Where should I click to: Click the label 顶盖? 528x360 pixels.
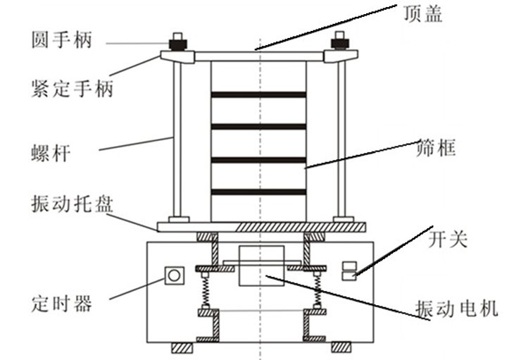coord(423,14)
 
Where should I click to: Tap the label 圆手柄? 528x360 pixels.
coord(62,39)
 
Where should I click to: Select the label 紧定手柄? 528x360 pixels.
coord(72,88)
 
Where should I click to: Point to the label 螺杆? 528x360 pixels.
coord(51,153)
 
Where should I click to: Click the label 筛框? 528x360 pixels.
coord(436,147)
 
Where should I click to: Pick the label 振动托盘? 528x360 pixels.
coord(72,204)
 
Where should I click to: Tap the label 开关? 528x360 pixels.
coord(448,239)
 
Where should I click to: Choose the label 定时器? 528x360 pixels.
coord(62,304)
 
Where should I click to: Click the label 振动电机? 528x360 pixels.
coord(456,309)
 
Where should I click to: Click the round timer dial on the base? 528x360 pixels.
coord(174,275)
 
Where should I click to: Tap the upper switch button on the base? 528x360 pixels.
coord(349,266)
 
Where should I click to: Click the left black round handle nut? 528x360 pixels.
coord(178,45)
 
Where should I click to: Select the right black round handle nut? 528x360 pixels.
coord(340,44)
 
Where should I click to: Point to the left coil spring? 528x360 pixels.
coord(205,290)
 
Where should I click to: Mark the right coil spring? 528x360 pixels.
coord(317,290)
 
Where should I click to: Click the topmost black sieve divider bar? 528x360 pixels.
coord(258,94)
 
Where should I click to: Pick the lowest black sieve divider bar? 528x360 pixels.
coord(258,192)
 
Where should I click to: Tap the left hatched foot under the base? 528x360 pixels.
coord(182,347)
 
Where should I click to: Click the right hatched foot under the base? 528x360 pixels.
coord(341,347)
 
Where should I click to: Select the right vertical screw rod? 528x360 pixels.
coord(341,140)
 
